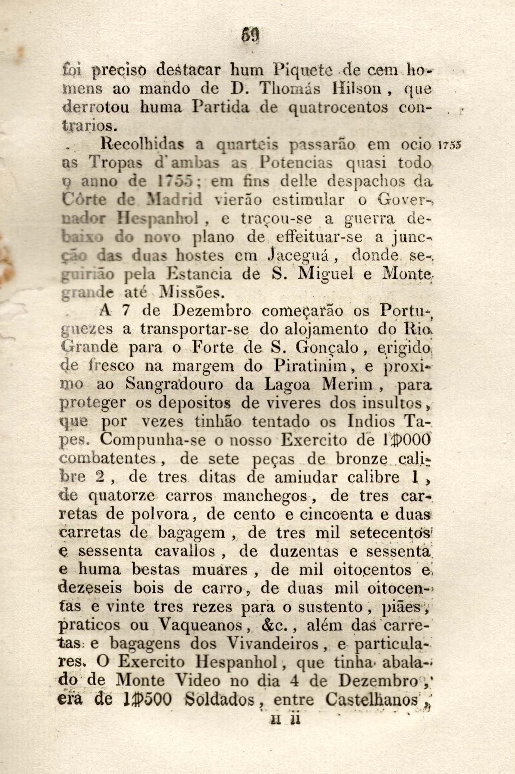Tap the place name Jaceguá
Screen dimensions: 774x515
pos(298,256)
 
